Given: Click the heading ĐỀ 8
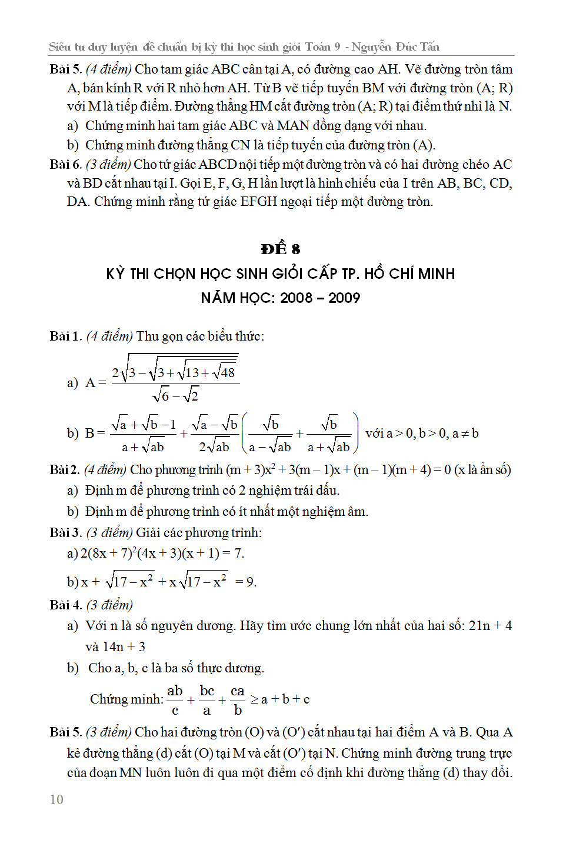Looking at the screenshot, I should [x=281, y=249].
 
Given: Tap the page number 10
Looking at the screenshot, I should [x=56, y=799].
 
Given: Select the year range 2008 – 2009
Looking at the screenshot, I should [x=320, y=298].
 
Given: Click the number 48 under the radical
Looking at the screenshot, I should [x=227, y=372].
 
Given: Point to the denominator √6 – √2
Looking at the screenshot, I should [x=175, y=396].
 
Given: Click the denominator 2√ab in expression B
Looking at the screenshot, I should [x=214, y=446].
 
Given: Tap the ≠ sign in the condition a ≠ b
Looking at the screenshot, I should [x=465, y=434].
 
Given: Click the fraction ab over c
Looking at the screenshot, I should [x=175, y=700].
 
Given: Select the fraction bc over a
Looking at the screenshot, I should [x=206, y=700].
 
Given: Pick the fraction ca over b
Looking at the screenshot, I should [x=238, y=700].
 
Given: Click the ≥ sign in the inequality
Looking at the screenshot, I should [x=255, y=699].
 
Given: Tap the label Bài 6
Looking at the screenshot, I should [x=65, y=164].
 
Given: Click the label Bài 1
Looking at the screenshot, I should [x=65, y=336].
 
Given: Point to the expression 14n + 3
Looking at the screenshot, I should [x=124, y=646].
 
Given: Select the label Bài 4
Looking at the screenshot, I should [x=65, y=605].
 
